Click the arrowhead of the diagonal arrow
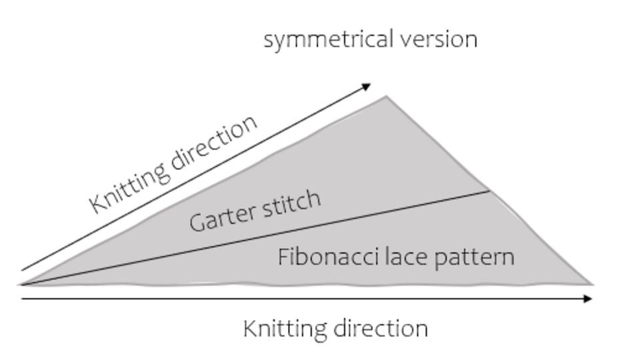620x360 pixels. (x=367, y=86)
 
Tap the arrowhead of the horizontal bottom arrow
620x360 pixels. (x=588, y=299)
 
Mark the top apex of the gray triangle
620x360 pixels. (x=386, y=97)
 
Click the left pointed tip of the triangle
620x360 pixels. (x=20, y=284)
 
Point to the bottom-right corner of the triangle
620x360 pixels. (x=592, y=284)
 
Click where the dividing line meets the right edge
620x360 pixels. (x=490, y=191)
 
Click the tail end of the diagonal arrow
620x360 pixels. (x=23, y=270)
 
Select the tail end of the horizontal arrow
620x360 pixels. (x=23, y=299)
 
